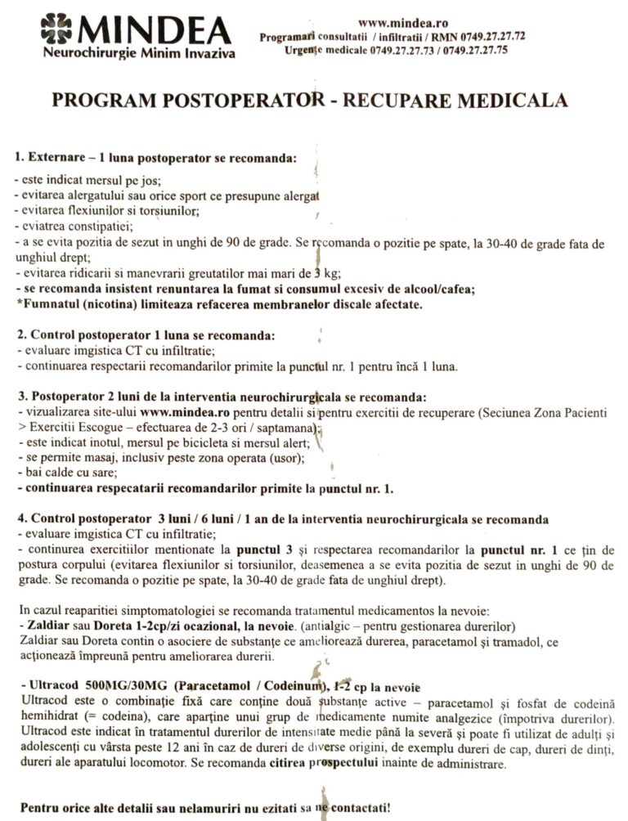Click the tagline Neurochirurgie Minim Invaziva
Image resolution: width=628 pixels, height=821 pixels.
(139, 54)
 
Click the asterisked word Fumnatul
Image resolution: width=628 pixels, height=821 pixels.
(47, 304)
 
